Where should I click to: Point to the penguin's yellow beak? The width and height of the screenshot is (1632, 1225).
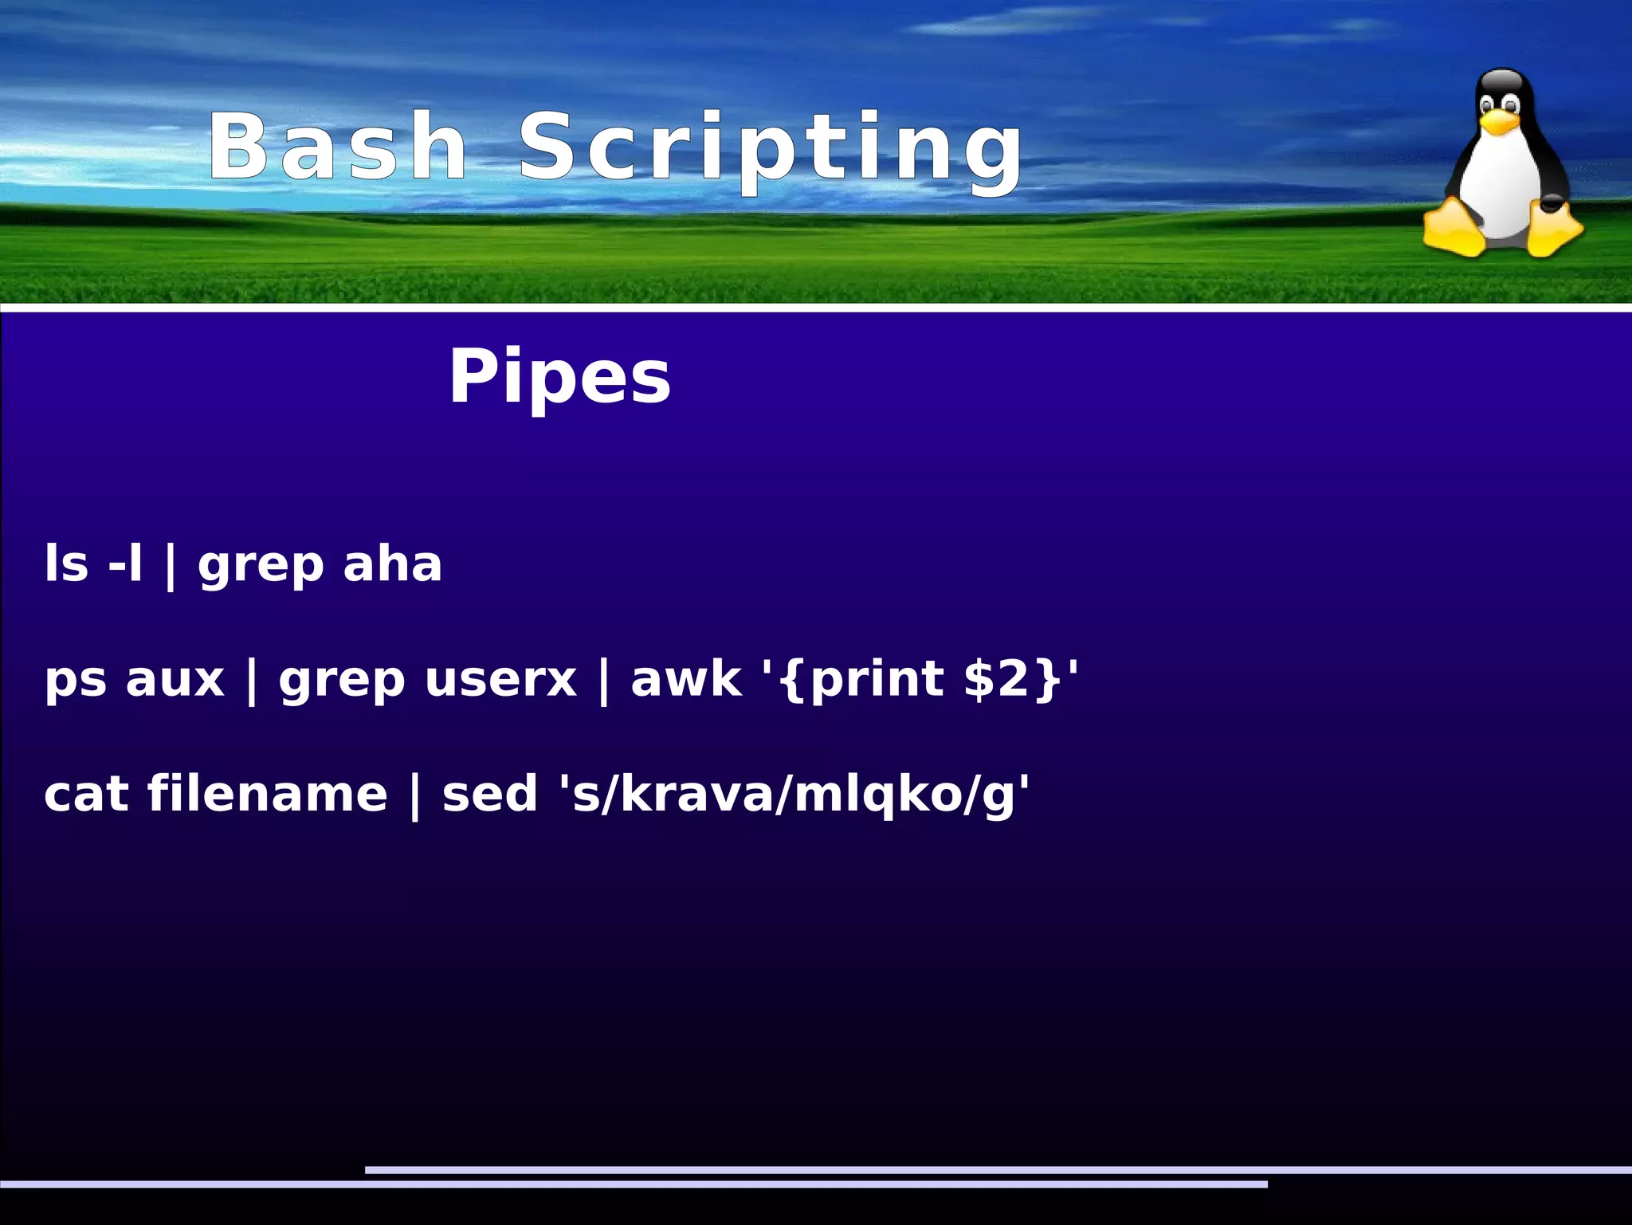tap(1499, 120)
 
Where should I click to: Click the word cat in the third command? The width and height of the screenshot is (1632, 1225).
tap(86, 795)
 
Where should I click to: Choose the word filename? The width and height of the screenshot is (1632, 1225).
tap(268, 795)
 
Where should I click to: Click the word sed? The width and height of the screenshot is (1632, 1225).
tap(490, 795)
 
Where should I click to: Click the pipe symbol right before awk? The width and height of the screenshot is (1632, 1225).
tap(603, 681)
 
